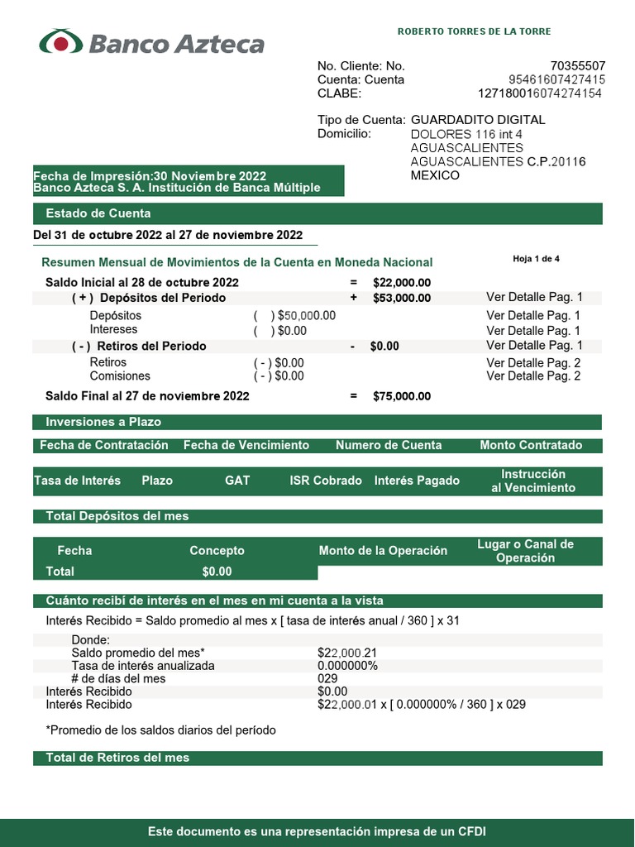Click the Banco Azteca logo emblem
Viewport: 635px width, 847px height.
click(61, 42)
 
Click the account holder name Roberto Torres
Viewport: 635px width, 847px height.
click(474, 31)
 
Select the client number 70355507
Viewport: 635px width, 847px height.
click(578, 66)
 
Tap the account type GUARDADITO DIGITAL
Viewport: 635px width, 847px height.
click(478, 120)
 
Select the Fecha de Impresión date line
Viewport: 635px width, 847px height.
click(150, 176)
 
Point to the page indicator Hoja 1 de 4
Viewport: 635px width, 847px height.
click(536, 259)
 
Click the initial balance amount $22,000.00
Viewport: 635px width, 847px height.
click(402, 283)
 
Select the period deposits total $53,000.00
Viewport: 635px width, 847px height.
click(402, 298)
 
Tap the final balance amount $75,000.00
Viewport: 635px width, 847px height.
click(402, 396)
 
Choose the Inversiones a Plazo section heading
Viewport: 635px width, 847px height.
click(103, 422)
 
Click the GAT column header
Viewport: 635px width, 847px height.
click(237, 481)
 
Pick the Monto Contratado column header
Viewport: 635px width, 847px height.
click(531, 445)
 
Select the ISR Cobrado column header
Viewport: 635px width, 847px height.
click(326, 481)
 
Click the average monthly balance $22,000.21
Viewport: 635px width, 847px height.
click(347, 653)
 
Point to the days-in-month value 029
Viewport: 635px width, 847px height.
click(327, 678)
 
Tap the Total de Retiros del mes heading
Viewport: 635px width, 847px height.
click(117, 758)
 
